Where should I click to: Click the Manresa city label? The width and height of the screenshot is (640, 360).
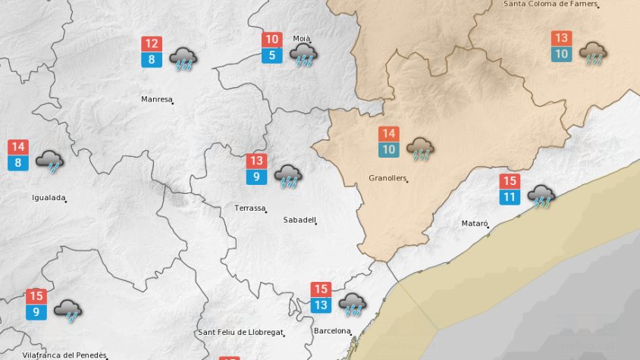pyautogui.click(x=156, y=99)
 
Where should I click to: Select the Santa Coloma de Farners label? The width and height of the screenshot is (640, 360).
pyautogui.click(x=549, y=4)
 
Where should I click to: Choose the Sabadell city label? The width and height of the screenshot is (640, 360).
pyautogui.click(x=298, y=220)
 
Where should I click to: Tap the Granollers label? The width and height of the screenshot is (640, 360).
pyautogui.click(x=387, y=179)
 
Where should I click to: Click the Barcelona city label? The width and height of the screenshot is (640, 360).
pyautogui.click(x=332, y=331)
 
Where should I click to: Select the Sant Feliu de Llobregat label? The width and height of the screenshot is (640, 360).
pyautogui.click(x=240, y=333)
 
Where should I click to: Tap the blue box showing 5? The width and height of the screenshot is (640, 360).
pyautogui.click(x=272, y=55)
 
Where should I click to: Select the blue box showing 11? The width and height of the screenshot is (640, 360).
pyautogui.click(x=510, y=198)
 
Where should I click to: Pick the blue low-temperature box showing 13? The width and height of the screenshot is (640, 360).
pyautogui.click(x=321, y=305)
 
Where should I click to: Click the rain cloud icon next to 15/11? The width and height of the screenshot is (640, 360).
pyautogui.click(x=541, y=196)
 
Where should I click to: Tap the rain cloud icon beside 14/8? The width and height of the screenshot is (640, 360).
pyautogui.click(x=50, y=161)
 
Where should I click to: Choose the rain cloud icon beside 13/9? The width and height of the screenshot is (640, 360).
pyautogui.click(x=288, y=176)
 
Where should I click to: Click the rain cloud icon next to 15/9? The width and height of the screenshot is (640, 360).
pyautogui.click(x=68, y=310)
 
